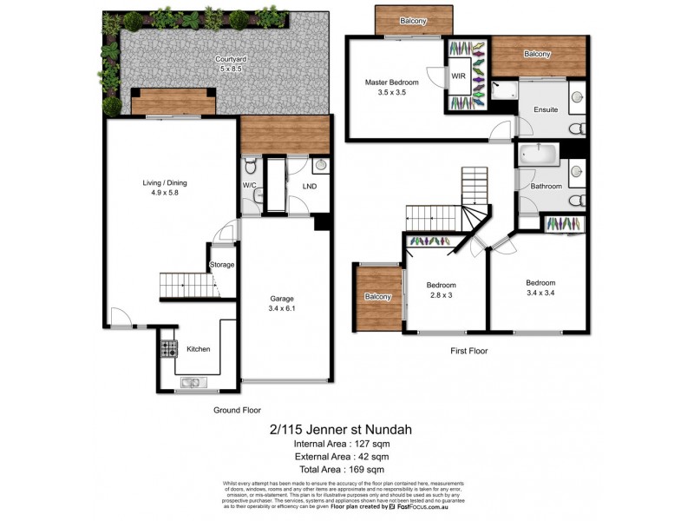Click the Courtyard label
pyautogui.click(x=229, y=59)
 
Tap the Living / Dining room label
pyautogui.click(x=165, y=183)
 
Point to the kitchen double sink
pyautogui.click(x=191, y=382)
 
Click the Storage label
pyautogui.click(x=222, y=265)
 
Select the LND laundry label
pyautogui.click(x=309, y=186)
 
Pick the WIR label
pyautogui.click(x=459, y=76)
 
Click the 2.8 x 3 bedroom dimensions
pyautogui.click(x=441, y=295)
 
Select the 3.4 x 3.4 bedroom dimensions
pyautogui.click(x=540, y=293)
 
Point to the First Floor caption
pyautogui.click(x=468, y=352)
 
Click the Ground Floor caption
pyautogui.click(x=237, y=410)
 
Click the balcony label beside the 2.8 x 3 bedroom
pyautogui.click(x=377, y=297)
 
